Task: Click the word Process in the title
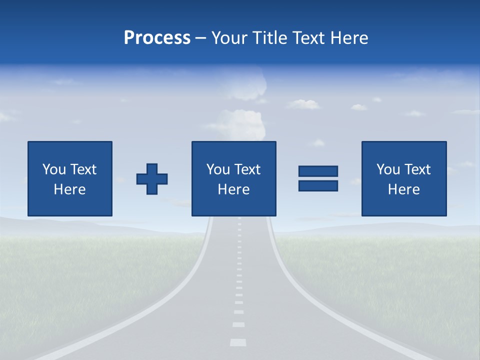click(157, 38)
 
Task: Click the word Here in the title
click(349, 38)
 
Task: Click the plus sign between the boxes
click(152, 179)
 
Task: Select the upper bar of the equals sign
click(318, 171)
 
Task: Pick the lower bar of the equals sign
click(318, 186)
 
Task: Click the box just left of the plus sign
click(70, 178)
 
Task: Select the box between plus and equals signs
click(233, 178)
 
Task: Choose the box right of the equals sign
click(404, 178)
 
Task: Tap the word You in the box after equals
click(388, 169)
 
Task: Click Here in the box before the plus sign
click(70, 189)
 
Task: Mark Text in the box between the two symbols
click(248, 169)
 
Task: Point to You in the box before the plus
click(54, 169)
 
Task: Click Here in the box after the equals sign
click(404, 189)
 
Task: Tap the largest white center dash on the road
click(238, 342)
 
